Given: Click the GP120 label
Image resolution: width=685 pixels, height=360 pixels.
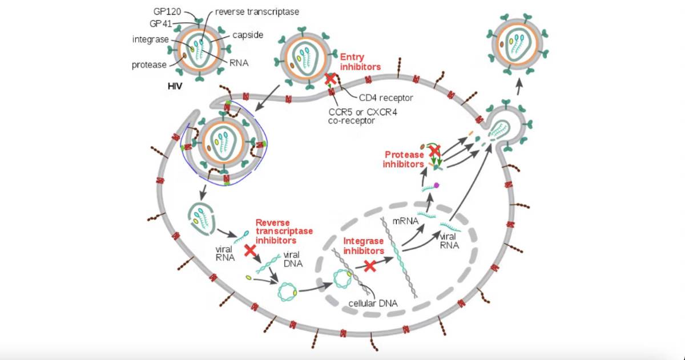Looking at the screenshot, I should [167, 11].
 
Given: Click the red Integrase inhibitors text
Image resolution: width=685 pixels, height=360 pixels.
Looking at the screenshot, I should [364, 246].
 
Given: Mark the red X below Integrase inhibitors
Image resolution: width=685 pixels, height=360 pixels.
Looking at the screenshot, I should [370, 265].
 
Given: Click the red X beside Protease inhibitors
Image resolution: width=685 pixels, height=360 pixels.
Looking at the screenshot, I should [434, 151].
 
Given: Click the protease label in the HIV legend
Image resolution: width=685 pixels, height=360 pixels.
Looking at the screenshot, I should [149, 64].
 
